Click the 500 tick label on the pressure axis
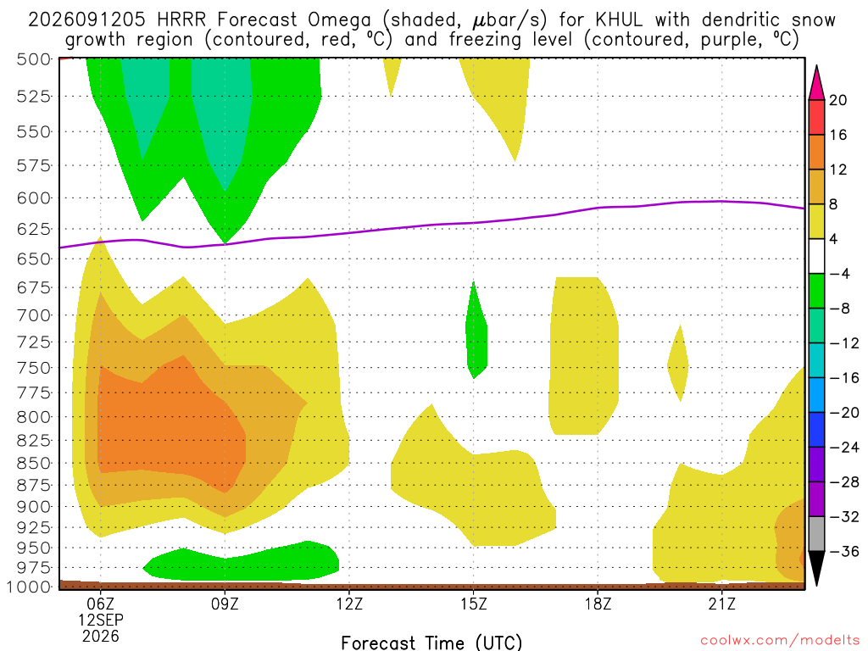coord(34,59)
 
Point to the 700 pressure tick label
coord(34,315)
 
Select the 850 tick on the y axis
coord(34,463)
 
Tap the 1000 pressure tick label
coord(30,587)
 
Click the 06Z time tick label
coord(100,604)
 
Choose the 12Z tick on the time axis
coord(349,604)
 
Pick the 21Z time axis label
coord(722,604)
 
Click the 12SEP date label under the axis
coord(100,620)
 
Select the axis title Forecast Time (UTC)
coord(431,643)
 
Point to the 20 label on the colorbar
coord(837,100)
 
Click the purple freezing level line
coord(431,225)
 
